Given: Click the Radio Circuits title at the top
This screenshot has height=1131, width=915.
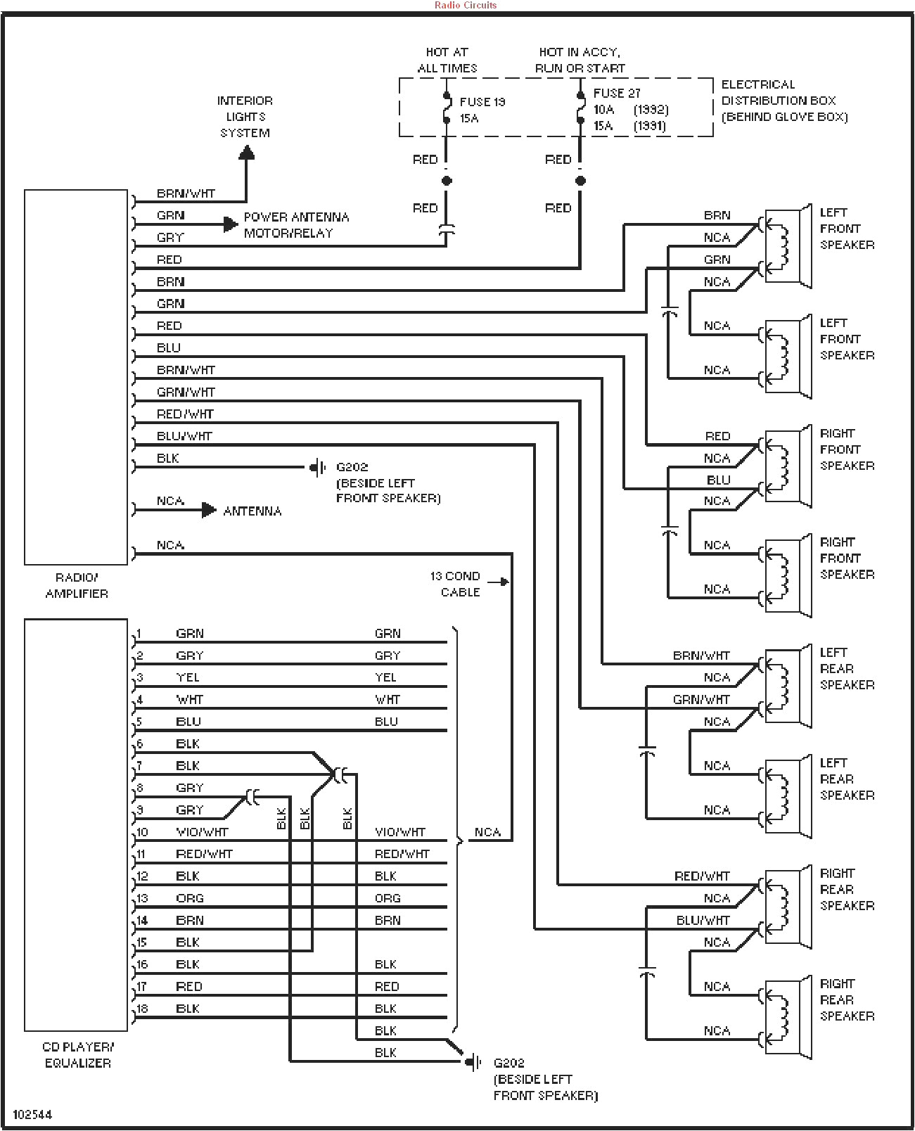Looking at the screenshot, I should (x=465, y=5).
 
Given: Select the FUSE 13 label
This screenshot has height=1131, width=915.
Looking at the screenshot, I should (x=482, y=102).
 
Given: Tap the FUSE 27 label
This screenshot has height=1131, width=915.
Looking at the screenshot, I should (x=617, y=93).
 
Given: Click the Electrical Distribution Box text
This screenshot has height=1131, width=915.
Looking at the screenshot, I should (x=783, y=101).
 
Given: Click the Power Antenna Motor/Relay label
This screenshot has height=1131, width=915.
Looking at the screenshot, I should (x=295, y=225).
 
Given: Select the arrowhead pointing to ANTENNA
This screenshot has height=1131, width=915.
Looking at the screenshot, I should (x=209, y=510).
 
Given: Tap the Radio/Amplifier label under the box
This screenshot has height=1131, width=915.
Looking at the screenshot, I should (x=77, y=585).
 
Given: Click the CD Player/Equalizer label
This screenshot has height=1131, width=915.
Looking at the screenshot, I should (x=77, y=1054).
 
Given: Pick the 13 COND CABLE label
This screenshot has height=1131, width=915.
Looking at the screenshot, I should (x=456, y=584).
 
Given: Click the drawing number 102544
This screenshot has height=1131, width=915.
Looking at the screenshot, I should (x=32, y=1115).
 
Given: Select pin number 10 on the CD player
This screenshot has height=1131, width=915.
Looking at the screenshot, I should (x=142, y=832).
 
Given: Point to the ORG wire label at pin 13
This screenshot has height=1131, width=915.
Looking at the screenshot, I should (x=190, y=898).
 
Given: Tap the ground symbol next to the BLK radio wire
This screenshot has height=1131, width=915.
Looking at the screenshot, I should (x=318, y=467).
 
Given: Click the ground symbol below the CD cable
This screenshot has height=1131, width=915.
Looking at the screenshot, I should (x=473, y=1062).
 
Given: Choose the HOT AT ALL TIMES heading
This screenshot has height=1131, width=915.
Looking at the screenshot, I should (x=447, y=60).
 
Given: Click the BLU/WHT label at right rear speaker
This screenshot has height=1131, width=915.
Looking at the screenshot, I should (x=703, y=920).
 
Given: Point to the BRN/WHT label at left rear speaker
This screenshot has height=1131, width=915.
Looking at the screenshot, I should (x=701, y=656).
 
